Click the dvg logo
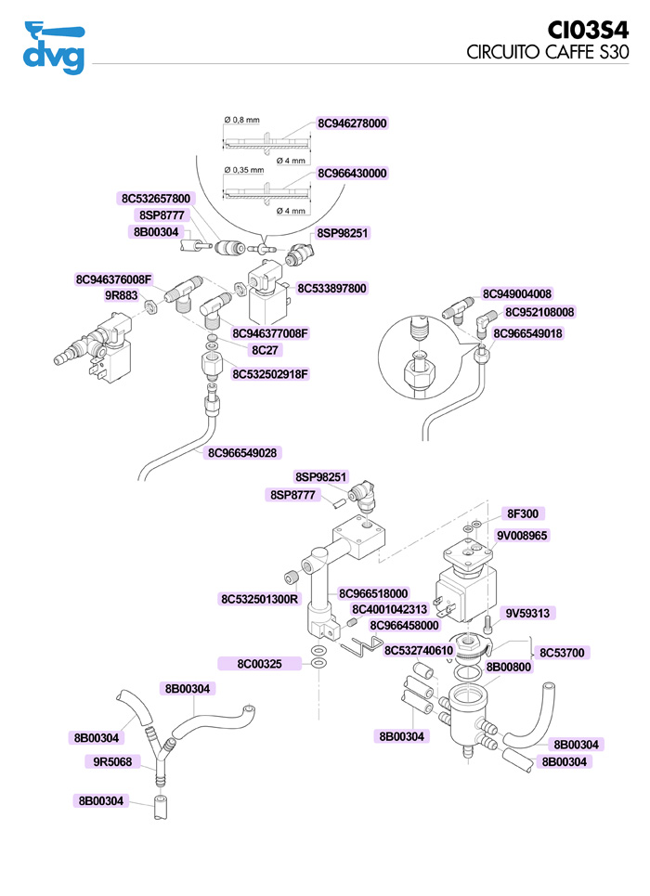pos(54,47)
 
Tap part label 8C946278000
pos(352,123)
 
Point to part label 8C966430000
pos(352,174)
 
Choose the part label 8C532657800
pos(156,199)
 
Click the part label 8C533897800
pos(331,289)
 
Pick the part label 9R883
pos(121,296)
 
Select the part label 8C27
pos(266,350)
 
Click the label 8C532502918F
pos(269,374)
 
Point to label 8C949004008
pos(517,294)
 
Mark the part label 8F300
pos(523,513)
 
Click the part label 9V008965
pos(522,535)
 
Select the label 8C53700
pos(561,653)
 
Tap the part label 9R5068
pos(112,762)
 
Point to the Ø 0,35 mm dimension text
pos(245,170)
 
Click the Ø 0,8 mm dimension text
pos(242,120)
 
